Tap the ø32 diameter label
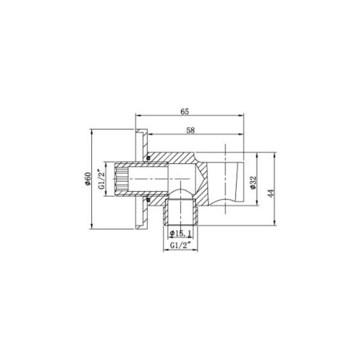click(x=252, y=183)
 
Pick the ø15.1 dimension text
click(x=179, y=233)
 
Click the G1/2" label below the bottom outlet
click(x=180, y=247)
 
